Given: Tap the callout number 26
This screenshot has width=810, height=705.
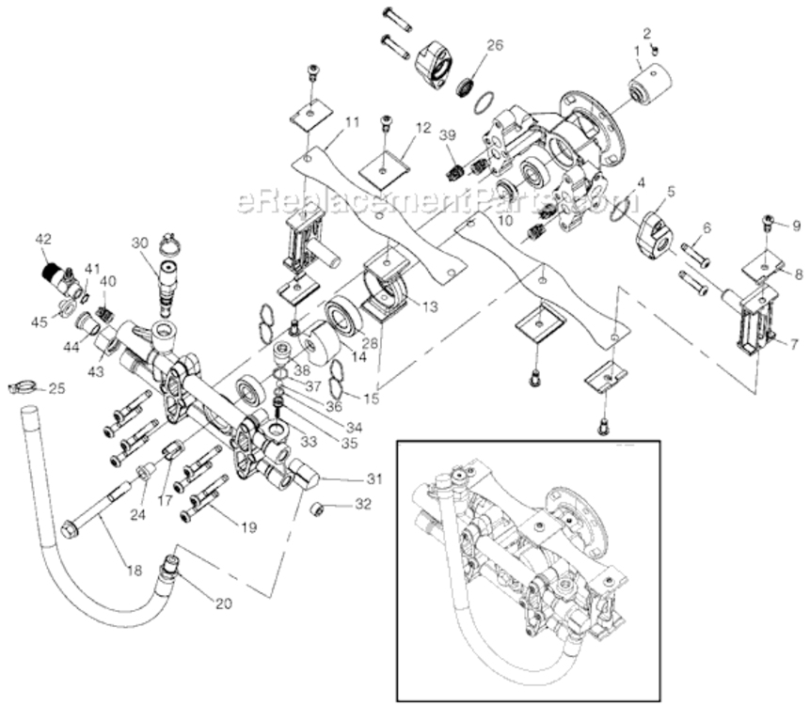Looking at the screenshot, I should click(495, 44).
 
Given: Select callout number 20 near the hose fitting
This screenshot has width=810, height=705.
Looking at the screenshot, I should click(223, 604).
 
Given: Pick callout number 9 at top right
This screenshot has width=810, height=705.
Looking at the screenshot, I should click(795, 226).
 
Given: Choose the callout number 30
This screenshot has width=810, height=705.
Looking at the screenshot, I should click(140, 243).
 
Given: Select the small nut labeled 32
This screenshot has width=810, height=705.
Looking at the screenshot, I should click(318, 509).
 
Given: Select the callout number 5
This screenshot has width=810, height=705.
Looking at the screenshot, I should click(671, 191).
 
